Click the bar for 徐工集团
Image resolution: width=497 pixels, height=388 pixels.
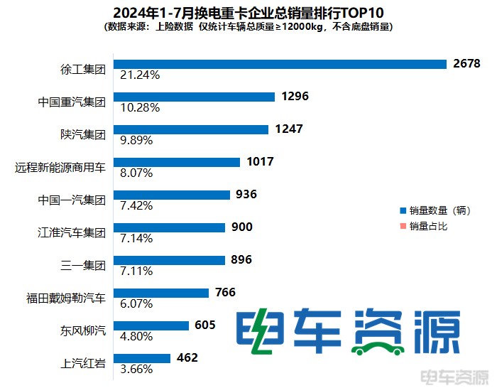coord(280,63)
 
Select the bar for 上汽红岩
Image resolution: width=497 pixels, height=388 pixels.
coord(142,358)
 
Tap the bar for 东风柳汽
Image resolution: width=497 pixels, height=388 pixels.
coord(151,325)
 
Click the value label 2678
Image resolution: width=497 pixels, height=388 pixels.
coord(466,63)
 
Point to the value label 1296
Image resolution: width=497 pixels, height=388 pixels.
coord(295,96)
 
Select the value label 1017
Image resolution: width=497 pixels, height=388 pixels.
coord(260,161)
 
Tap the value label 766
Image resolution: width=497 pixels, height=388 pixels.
coord(222,292)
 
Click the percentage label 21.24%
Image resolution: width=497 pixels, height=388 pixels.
coord(140,75)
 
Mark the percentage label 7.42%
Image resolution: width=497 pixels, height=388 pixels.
coord(136,205)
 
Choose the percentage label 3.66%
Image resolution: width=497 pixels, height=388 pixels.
coord(136,370)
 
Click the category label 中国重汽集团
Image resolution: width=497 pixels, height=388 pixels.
coord(72,102)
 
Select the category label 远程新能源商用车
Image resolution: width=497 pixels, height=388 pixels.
coord(60,168)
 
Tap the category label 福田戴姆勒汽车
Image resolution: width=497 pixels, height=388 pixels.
coord(65,298)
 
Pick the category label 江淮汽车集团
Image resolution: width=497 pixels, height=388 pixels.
coord(72,233)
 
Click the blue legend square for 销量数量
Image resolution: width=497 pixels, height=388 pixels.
coord(403,211)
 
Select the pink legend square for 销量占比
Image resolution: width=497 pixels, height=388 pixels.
coord(403,227)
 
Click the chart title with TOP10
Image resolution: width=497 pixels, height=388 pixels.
coord(247,13)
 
